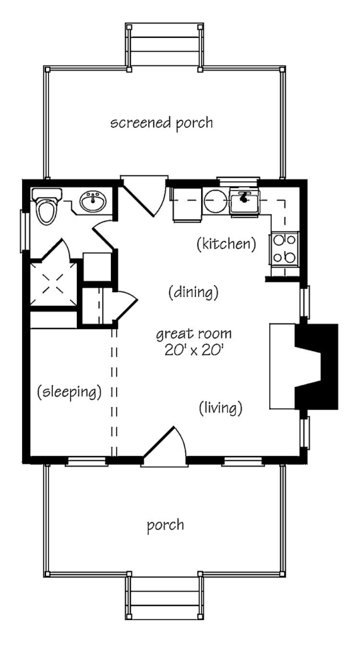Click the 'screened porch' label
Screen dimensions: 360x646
tap(162, 123)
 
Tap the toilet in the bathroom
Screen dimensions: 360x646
tap(47, 206)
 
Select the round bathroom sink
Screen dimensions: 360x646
tap(93, 201)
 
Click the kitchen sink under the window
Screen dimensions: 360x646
tap(244, 201)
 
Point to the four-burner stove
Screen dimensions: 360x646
tap(284, 249)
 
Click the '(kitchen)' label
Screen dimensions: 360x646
tap(226, 245)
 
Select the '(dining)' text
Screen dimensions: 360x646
tap(193, 293)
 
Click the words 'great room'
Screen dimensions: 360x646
tap(194, 334)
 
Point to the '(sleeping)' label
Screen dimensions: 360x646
tap(69, 392)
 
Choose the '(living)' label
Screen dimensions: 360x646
tap(221, 408)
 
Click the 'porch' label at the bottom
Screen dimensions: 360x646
tap(166, 526)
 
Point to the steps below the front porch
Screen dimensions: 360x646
tap(165, 597)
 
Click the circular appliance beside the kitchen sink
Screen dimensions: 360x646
tap(216, 201)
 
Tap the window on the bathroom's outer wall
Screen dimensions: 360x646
tap(24, 231)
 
